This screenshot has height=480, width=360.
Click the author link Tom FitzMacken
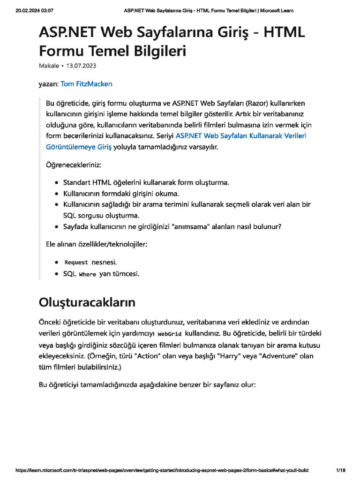point(86,84)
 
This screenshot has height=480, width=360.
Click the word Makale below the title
point(49,66)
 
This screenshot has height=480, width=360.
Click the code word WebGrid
point(169,334)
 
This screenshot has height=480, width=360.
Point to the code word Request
point(76,262)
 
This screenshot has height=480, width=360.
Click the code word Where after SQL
point(87,274)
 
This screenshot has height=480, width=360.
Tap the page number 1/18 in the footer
point(341,470)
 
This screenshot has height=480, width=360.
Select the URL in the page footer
point(162,470)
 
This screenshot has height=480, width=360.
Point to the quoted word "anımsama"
point(193,227)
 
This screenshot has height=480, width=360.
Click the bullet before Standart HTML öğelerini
point(56,182)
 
